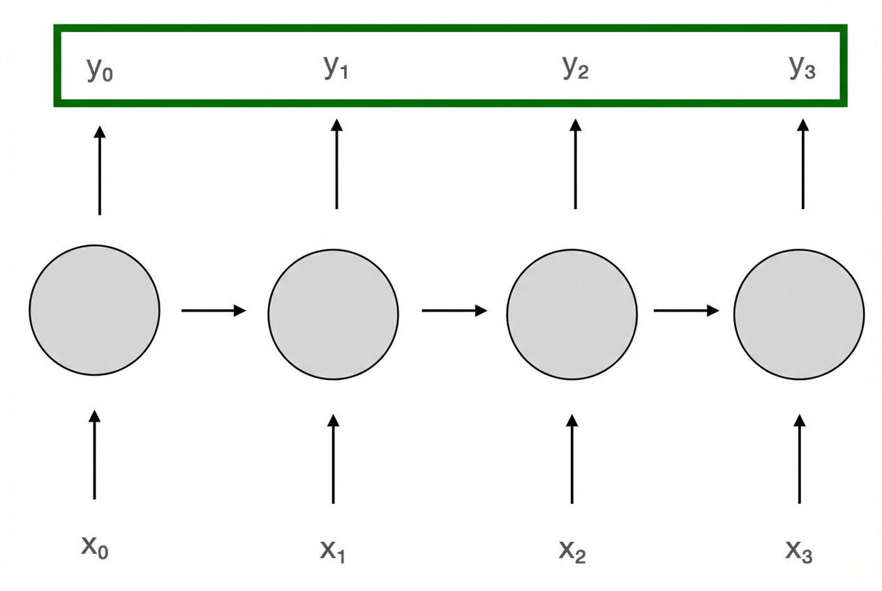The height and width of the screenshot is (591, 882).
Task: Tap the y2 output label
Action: click(576, 68)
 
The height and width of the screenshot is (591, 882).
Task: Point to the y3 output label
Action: click(802, 68)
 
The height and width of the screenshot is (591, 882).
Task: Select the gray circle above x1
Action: click(334, 313)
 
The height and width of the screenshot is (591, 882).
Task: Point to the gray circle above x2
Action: click(572, 314)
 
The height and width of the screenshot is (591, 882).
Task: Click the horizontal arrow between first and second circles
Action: click(214, 310)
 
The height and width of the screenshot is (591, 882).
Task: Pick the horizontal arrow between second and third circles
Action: click(454, 310)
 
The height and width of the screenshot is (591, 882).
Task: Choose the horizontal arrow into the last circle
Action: click(686, 310)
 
